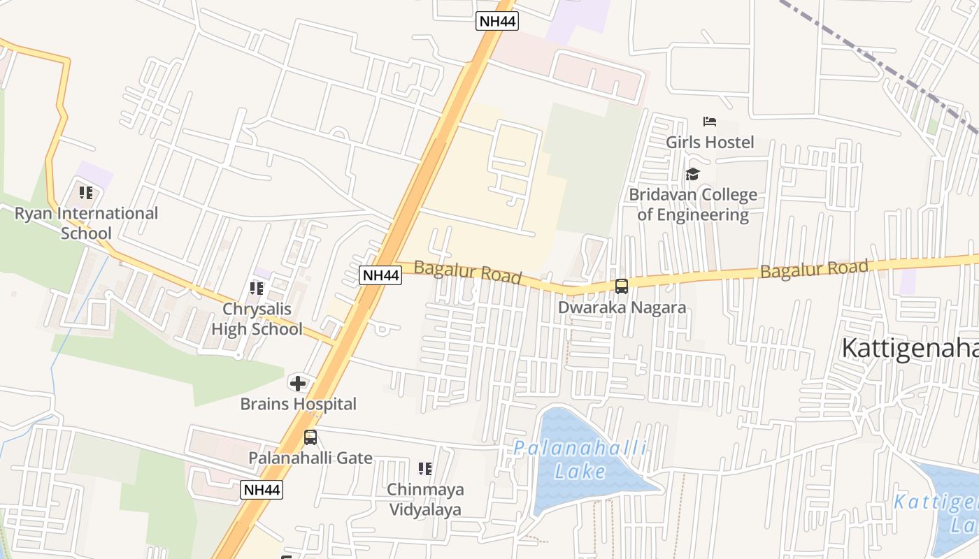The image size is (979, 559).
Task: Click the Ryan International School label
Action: [86, 223]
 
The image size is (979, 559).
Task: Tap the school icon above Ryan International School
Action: [86, 192]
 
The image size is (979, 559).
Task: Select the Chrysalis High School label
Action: [257, 319]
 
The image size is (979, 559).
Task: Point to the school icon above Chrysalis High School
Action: [257, 288]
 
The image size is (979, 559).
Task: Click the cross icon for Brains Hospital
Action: [298, 383]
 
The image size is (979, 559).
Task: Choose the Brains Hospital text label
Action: [298, 404]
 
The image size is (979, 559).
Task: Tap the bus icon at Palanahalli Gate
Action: [310, 437]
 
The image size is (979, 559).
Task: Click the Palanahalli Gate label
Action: [310, 458]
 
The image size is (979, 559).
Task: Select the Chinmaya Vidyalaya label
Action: [425, 499]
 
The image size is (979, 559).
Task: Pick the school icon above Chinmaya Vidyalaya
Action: [425, 468]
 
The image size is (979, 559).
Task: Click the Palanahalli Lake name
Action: [580, 460]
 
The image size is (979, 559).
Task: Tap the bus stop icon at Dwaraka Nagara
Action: [621, 286]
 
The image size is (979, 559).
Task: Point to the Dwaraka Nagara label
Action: [621, 307]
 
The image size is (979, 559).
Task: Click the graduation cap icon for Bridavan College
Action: [692, 173]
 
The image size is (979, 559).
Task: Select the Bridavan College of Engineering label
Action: [692, 204]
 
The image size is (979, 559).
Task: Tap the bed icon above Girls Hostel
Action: [710, 122]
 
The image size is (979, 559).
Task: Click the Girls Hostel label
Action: [710, 143]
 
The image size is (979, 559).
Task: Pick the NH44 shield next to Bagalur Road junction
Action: [380, 275]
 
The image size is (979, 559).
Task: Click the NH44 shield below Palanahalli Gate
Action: [262, 490]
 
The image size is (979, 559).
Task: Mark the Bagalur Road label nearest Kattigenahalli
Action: [814, 268]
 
